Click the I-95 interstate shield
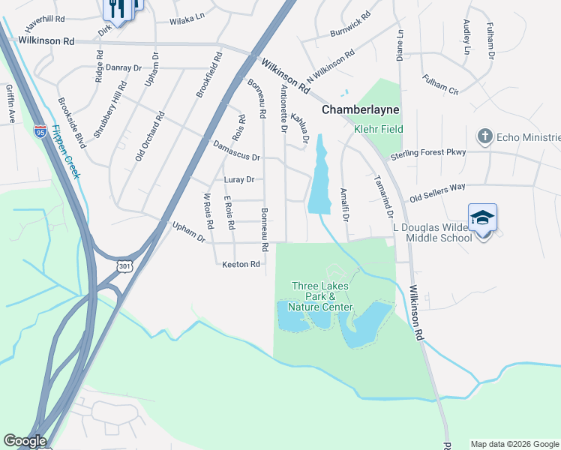[x=40, y=131]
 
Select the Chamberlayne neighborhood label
[x=361, y=109]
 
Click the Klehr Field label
[x=379, y=129]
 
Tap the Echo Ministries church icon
[x=484, y=136]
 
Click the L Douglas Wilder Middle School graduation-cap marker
[x=482, y=217]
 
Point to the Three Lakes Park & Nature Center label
[x=322, y=296]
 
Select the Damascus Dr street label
[x=236, y=150]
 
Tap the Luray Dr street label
[x=239, y=180]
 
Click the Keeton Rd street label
[x=241, y=264]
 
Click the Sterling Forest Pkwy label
[x=428, y=154]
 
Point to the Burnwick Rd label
[x=350, y=25]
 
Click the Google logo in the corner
[x=25, y=441]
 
